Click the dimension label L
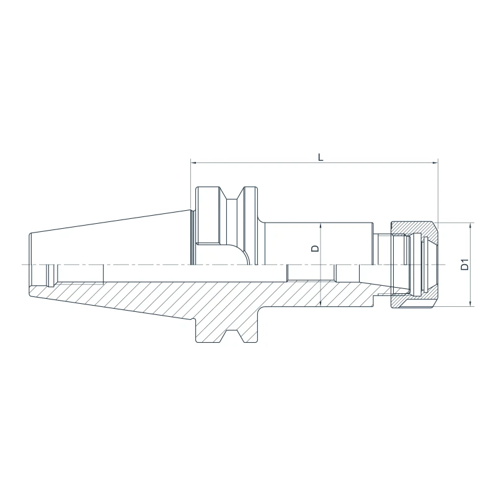(x=321, y=157)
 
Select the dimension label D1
(x=463, y=264)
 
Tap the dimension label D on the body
(x=314, y=248)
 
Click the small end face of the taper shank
(x=29, y=265)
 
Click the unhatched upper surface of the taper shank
(x=112, y=242)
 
